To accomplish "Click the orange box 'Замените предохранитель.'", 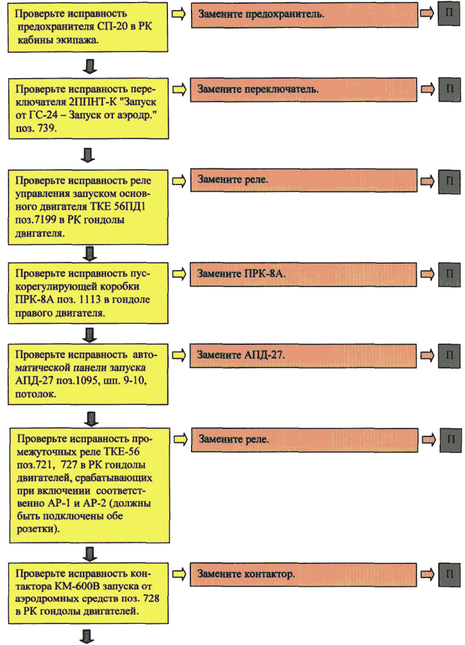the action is pyautogui.click(x=304, y=15).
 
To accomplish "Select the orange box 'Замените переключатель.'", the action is pyautogui.click(x=304, y=90).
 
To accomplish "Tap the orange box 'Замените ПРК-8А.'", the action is pyautogui.click(x=303, y=274).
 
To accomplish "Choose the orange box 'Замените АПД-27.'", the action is pyautogui.click(x=303, y=355).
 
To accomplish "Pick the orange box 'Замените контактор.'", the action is pyautogui.click(x=303, y=574).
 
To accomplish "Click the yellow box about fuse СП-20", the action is pyautogui.click(x=87, y=27).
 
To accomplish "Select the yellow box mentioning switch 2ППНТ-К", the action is pyautogui.click(x=89, y=108).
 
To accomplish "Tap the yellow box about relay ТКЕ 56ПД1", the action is pyautogui.click(x=88, y=207).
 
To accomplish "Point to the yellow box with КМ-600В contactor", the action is pyautogui.click(x=88, y=593).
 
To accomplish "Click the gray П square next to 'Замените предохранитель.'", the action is pyautogui.click(x=448, y=14).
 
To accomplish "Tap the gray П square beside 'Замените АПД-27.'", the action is pyautogui.click(x=449, y=355).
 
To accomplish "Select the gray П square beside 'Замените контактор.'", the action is pyautogui.click(x=449, y=574).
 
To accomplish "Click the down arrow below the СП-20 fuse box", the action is pyautogui.click(x=90, y=66).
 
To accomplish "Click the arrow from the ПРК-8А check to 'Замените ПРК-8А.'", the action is pyautogui.click(x=179, y=274).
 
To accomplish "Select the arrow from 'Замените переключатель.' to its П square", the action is pyautogui.click(x=428, y=89).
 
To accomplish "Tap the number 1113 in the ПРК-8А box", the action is pyautogui.click(x=90, y=300).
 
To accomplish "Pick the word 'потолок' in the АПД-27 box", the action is pyautogui.click(x=35, y=394).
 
